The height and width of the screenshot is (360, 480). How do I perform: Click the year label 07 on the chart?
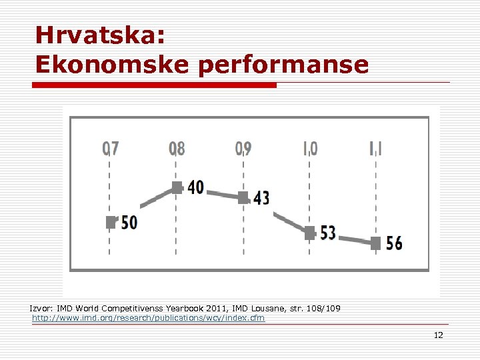(111, 147)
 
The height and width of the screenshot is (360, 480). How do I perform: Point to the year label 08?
(177, 147)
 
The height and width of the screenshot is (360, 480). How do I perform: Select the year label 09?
(243, 147)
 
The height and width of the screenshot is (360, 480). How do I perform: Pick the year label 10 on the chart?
(310, 147)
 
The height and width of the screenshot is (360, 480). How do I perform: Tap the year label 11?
(377, 147)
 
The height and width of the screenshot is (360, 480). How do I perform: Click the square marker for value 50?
(111, 222)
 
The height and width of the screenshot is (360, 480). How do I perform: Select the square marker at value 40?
(177, 187)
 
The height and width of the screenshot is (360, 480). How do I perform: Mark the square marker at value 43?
(243, 197)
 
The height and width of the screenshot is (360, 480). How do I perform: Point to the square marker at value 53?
(310, 233)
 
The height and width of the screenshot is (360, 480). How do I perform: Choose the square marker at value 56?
(376, 243)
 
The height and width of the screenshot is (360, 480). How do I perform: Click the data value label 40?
(196, 187)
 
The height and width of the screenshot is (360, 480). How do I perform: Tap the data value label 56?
(394, 243)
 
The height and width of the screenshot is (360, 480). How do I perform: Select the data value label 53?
(328, 233)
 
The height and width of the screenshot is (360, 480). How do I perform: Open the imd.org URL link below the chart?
(148, 318)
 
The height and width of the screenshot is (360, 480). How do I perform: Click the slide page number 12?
(438, 335)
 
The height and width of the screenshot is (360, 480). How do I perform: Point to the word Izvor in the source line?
(41, 309)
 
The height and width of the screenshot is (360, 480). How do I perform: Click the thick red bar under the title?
(155, 85)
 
